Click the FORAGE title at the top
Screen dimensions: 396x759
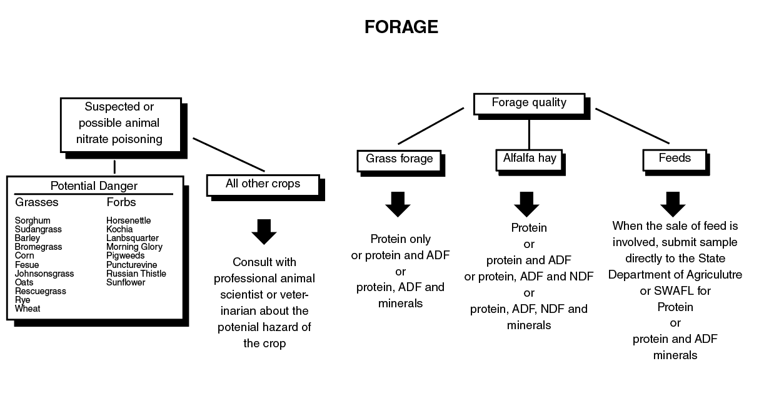[401, 27]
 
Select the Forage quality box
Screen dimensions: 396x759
[529, 104]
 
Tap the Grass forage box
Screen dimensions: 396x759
[399, 159]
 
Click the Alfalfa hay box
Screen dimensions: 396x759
[529, 159]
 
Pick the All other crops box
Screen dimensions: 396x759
[263, 184]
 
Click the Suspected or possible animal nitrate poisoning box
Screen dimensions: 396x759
[120, 124]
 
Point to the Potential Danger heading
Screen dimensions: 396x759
[94, 186]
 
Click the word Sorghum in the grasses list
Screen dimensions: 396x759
[33, 220]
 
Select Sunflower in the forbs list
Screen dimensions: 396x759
[125, 282]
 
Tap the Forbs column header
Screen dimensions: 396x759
[121, 202]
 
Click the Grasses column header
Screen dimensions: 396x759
[37, 202]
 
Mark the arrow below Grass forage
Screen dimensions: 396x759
[398, 204]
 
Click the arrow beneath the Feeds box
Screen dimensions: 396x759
[673, 204]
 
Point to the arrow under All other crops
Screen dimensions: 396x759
[264, 232]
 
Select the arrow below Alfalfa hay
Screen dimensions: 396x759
[526, 204]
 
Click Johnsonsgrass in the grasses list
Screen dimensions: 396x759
[44, 274]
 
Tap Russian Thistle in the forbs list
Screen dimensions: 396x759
[136, 274]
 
